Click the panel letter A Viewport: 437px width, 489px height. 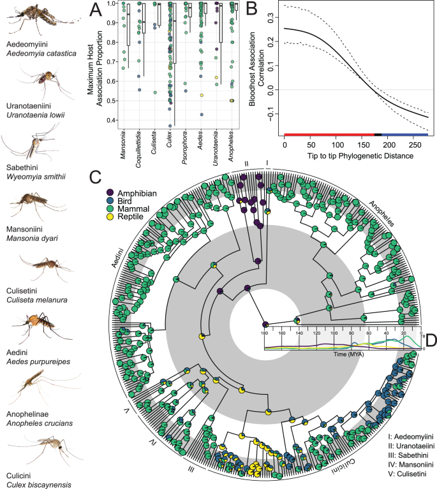96,10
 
